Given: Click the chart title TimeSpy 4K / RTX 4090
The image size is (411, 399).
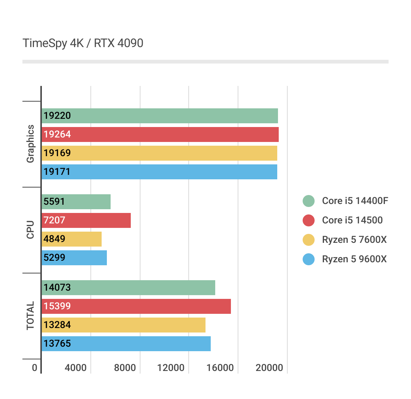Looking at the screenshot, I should (83, 43).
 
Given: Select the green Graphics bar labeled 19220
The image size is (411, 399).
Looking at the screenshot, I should (160, 116).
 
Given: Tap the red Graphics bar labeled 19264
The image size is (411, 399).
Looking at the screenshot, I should (160, 134).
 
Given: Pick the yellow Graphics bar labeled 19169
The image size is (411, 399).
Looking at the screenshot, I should (160, 153).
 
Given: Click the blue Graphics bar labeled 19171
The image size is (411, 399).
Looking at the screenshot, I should (160, 172).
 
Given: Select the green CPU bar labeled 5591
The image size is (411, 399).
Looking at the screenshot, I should (76, 202).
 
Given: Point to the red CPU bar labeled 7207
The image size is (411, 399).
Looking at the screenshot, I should (86, 220).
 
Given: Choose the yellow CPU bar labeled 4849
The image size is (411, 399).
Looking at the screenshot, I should (72, 239).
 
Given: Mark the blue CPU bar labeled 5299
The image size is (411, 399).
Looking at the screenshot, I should (74, 258).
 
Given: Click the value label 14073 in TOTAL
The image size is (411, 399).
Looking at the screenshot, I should (57, 288).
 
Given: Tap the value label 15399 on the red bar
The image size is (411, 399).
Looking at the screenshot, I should (57, 306).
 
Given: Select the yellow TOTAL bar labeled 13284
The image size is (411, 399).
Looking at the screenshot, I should (124, 325).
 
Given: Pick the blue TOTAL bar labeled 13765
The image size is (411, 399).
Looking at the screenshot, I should (126, 344).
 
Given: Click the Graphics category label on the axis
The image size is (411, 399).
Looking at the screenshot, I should (30, 144).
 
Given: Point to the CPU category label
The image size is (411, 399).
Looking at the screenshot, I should (30, 230).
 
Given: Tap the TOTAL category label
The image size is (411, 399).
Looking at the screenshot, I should (30, 316).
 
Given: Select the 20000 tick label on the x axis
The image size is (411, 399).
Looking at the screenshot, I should (269, 368).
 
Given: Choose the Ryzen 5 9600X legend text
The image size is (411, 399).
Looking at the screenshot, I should (354, 259).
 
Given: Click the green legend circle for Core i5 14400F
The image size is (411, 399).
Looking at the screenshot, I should (309, 201).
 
